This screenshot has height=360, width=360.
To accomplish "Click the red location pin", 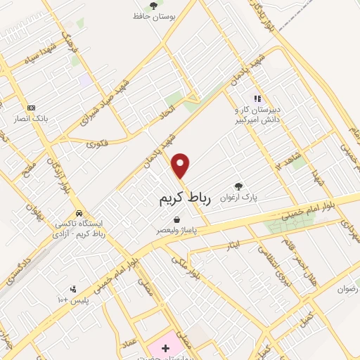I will [181, 166].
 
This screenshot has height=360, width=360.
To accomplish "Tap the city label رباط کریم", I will [181, 200].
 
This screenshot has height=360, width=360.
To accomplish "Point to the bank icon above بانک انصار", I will [31, 108].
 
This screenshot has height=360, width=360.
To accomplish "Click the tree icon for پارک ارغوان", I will [239, 187].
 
